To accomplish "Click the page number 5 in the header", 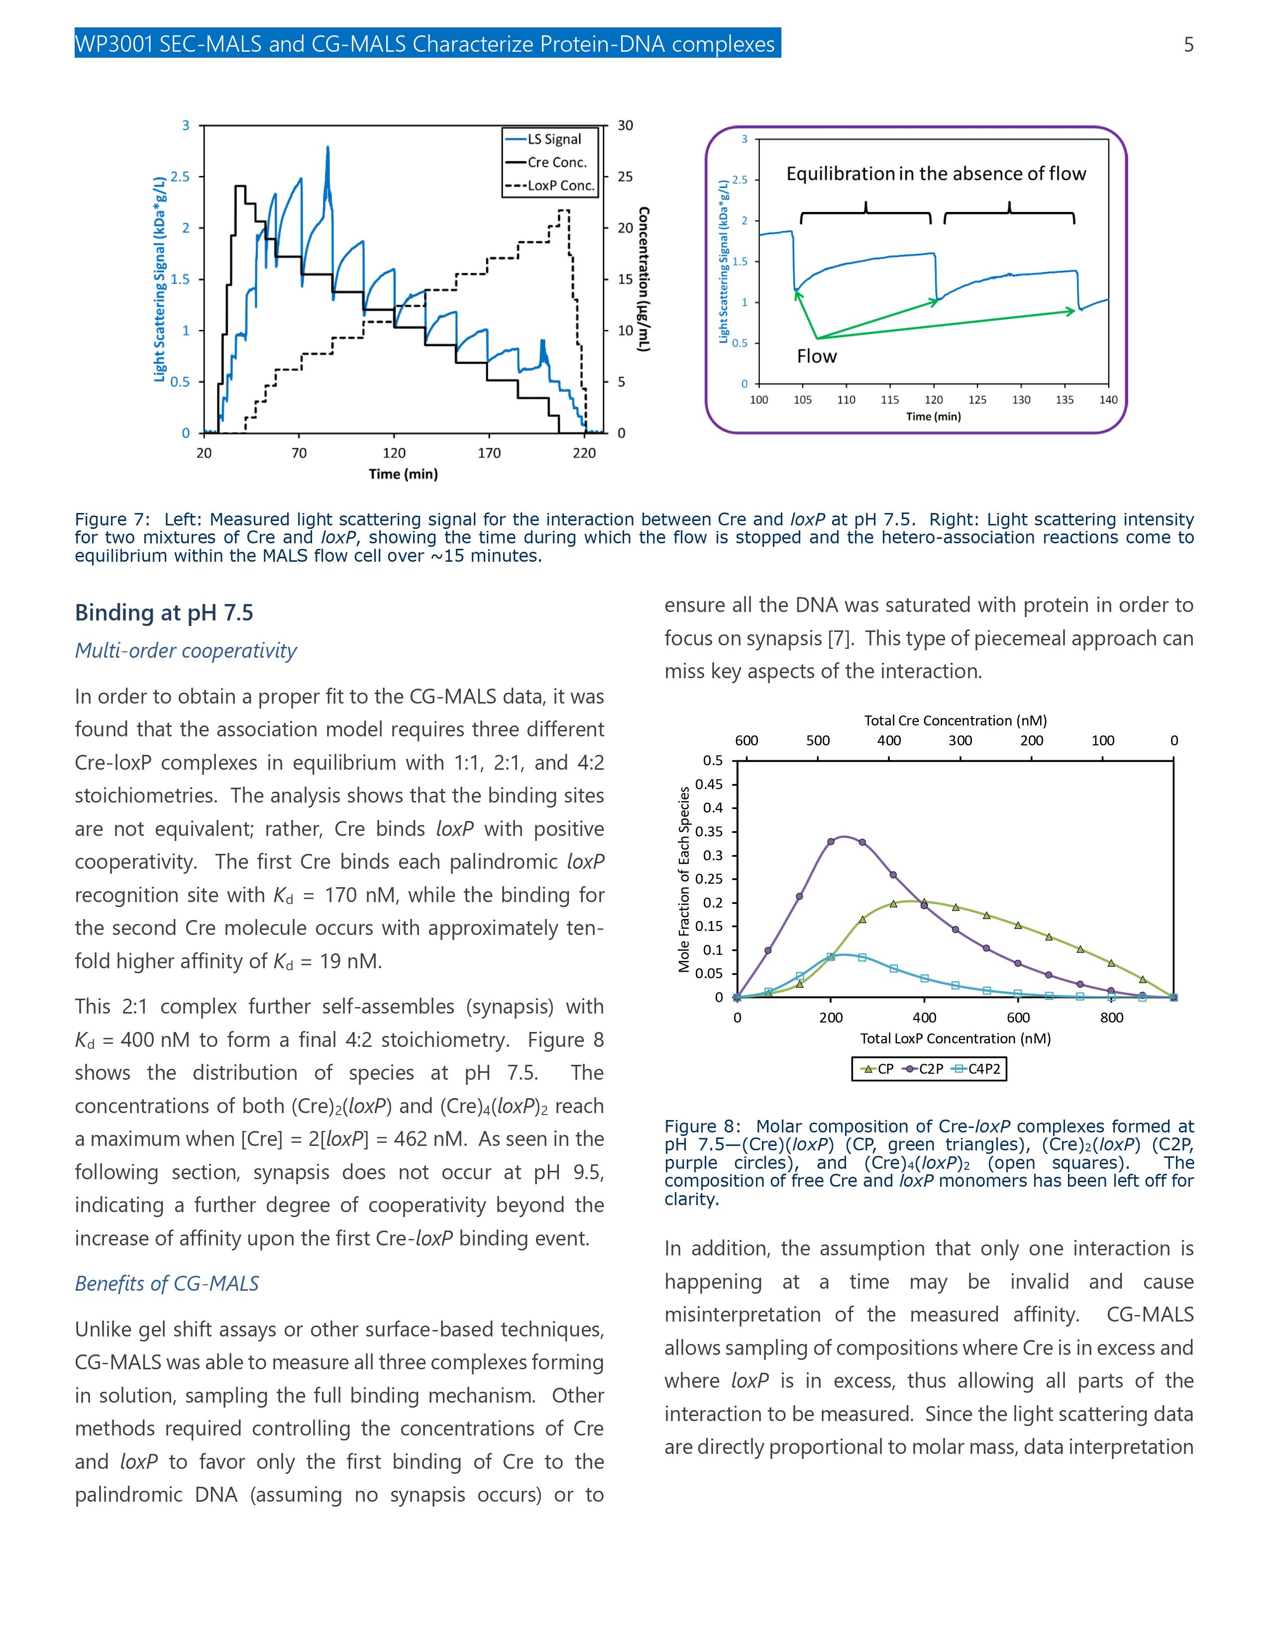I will pos(1188,45).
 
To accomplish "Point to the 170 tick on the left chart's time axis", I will pos(489,453).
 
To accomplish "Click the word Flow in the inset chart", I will pos(817,356).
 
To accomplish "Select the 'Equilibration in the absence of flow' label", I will pos(936,174).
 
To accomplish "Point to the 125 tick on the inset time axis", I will pos(977,400).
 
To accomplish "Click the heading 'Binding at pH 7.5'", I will pos(164,613).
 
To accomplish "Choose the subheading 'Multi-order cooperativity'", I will pos(186,651).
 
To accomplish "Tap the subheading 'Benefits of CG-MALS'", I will pos(166,1283).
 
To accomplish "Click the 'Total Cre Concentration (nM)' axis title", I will pos(955,720).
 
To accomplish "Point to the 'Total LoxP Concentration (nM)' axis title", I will pos(955,1038).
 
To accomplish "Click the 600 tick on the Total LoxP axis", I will pos(1018,1018).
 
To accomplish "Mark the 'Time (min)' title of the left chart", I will pos(403,474).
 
